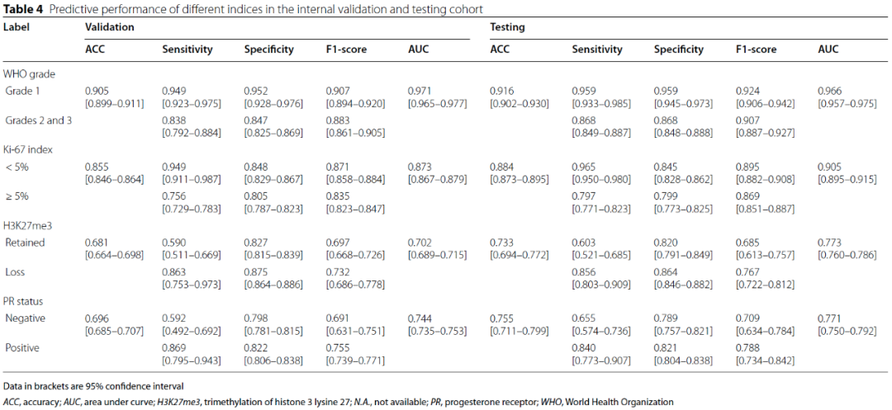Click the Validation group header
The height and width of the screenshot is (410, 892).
(109, 26)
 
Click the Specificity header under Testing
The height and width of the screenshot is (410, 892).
(679, 49)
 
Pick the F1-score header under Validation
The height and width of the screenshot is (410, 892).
(346, 49)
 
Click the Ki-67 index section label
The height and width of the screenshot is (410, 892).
(26, 149)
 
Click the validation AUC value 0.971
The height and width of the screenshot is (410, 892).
(420, 90)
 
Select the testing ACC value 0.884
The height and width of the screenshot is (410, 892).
(502, 167)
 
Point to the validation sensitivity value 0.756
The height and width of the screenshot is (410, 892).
(174, 196)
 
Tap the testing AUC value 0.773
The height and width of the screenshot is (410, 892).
(829, 242)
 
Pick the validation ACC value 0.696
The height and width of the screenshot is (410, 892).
(97, 318)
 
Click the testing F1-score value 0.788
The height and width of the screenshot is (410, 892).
(747, 347)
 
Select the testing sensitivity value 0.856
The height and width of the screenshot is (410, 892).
(584, 271)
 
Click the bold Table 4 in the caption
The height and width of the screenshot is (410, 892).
(19, 7)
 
